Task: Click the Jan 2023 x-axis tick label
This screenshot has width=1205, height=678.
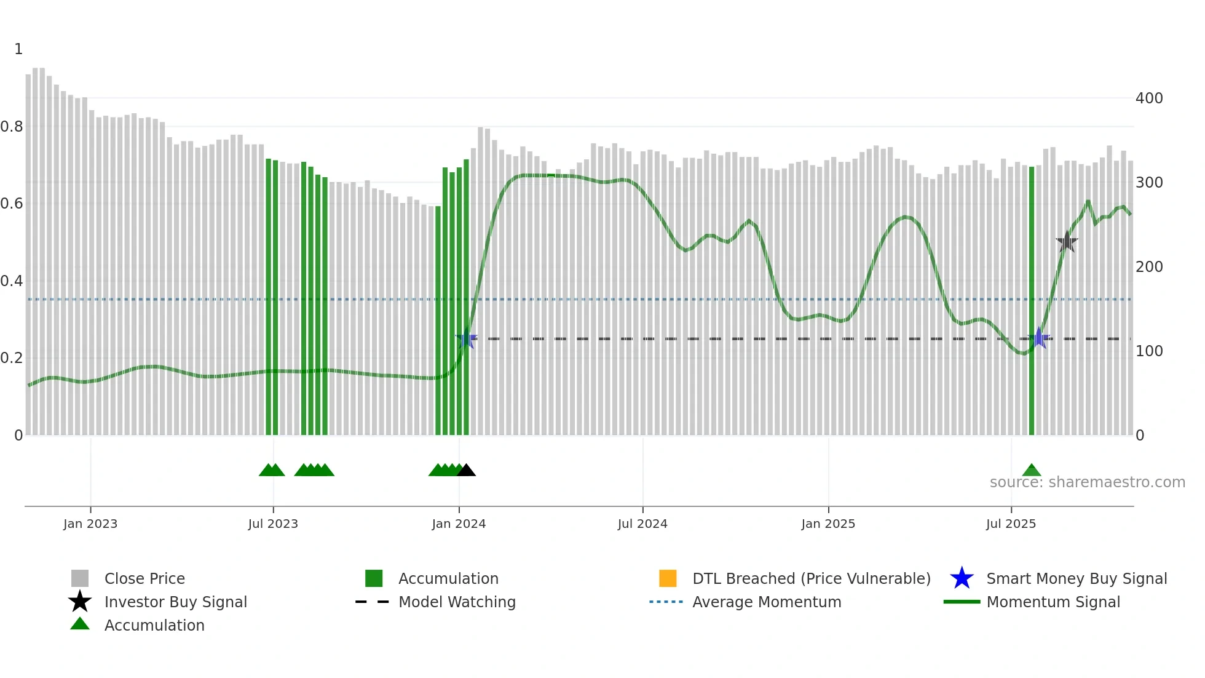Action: pos(90,524)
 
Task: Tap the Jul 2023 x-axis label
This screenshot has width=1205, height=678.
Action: pos(273,524)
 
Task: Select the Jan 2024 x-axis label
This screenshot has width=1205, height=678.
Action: pos(459,524)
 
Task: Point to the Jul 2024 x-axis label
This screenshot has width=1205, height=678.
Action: pos(642,524)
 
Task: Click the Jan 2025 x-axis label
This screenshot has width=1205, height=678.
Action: pos(828,524)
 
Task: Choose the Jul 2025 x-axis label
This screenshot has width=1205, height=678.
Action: pos(1011,524)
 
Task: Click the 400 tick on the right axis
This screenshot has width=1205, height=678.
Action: pos(1149,98)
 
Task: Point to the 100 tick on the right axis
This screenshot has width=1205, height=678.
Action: pos(1149,351)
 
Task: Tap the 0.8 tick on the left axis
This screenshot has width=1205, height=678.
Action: pos(12,127)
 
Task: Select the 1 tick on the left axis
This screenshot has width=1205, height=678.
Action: pos(18,49)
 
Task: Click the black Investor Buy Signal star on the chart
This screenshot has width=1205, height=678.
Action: pos(1067,242)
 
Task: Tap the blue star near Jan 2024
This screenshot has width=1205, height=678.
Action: pos(467,338)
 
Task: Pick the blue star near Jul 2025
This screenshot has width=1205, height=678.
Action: pos(1039,338)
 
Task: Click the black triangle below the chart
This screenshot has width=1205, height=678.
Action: pos(467,471)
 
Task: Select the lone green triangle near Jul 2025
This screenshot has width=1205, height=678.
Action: pos(1032,471)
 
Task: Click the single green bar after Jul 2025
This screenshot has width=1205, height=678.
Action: pos(1032,301)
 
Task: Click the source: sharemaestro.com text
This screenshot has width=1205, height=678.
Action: pos(1087,482)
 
